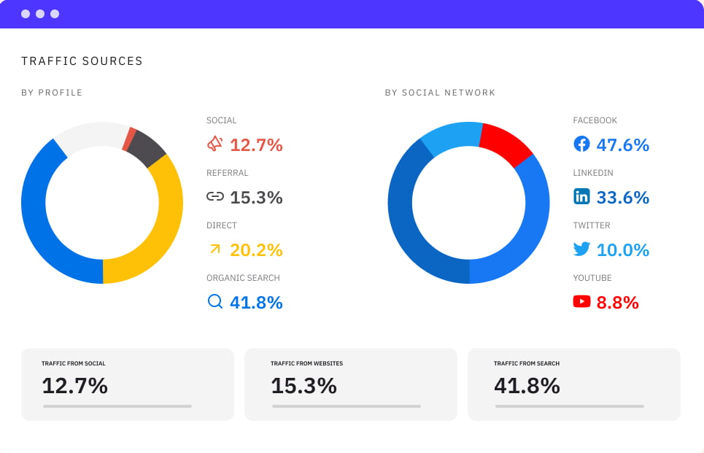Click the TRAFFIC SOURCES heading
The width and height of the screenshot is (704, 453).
point(82,61)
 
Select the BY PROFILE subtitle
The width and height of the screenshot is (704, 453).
point(52,93)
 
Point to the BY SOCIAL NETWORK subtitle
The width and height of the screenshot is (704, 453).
point(440,93)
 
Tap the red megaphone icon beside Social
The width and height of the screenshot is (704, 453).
point(214,144)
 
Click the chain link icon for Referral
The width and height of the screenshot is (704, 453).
point(214,196)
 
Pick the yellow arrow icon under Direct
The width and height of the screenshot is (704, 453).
point(214,249)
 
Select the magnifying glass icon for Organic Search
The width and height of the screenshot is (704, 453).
point(214,301)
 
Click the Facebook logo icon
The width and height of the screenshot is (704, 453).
point(581,144)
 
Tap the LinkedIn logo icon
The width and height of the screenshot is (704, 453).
point(581,196)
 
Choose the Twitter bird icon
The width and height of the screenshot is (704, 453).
point(581,249)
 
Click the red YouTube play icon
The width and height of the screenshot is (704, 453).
point(581,301)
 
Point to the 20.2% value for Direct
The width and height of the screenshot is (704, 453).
point(256,250)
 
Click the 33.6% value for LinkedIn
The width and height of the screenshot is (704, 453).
point(622,198)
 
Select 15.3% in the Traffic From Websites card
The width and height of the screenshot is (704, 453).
point(303,386)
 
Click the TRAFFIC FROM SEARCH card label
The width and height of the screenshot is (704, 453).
point(526,363)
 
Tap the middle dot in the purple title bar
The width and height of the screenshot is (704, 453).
point(40,14)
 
